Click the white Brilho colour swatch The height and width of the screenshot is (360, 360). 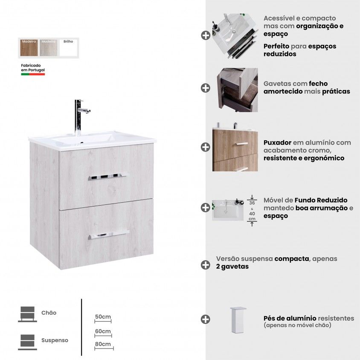point(68,48)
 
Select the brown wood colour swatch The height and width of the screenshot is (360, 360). point(29,48)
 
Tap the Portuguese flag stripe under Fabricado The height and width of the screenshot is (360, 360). point(33,74)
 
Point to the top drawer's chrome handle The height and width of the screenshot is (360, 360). point(107,177)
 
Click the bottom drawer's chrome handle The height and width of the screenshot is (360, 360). point(109,235)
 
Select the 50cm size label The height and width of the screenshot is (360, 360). point(103,317)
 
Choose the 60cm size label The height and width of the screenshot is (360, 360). point(103,331)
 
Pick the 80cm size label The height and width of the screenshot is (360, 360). point(103,344)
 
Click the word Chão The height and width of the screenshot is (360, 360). point(49,313)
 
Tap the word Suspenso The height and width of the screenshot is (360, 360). point(55,340)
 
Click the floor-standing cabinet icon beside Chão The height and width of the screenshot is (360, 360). point(28,314)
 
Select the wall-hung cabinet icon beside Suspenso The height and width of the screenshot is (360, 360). point(28,342)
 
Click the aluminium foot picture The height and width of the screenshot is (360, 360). point(238,320)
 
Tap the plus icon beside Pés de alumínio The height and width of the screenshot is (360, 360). point(205,319)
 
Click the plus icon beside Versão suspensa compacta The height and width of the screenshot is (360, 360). point(205,265)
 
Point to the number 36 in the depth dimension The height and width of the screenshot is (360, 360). point(252,203)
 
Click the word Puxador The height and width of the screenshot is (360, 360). point(277,142)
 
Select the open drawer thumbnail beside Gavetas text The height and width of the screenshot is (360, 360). point(238,90)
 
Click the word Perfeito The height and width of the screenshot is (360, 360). point(276,46)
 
